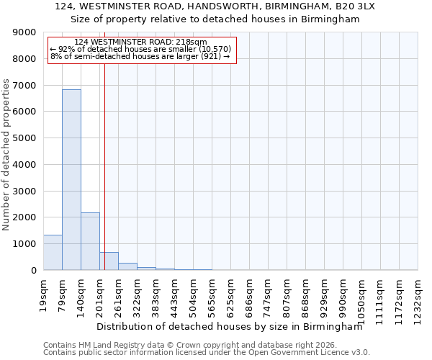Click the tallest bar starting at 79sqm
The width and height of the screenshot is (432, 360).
pyautogui.click(x=71, y=180)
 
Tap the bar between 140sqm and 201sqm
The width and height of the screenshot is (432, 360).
pyautogui.click(x=90, y=241)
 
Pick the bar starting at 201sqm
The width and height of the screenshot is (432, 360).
pyautogui.click(x=109, y=261)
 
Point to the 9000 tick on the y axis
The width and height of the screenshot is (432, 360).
pyautogui.click(x=24, y=32)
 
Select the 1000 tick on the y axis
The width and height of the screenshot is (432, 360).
pyautogui.click(x=24, y=244)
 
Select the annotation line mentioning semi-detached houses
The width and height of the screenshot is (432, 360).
pyautogui.click(x=140, y=56)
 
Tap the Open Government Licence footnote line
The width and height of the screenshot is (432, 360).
pyautogui.click(x=207, y=353)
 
